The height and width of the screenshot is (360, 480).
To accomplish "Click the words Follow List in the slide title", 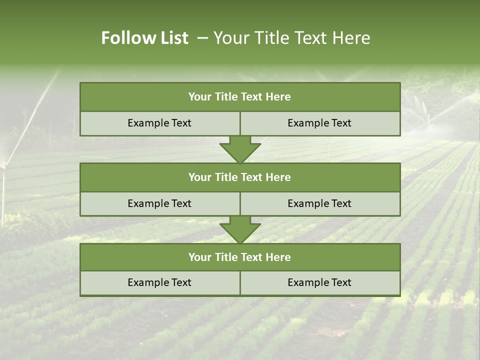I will pos(144,38).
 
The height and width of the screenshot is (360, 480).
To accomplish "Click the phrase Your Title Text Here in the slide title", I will pos(291,38).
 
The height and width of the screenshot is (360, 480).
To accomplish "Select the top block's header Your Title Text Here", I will pos(239,97).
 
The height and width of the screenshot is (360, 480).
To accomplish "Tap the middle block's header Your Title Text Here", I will pos(239,177).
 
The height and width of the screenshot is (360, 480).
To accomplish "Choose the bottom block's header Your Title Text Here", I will pos(239,257).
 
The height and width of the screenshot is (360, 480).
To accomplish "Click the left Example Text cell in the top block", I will pos(159,123).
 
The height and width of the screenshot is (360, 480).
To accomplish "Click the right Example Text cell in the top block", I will pos(319,123).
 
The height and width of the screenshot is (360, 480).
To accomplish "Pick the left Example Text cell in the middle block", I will pos(159,203).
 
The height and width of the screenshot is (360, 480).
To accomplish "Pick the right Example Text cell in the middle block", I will pos(319,203).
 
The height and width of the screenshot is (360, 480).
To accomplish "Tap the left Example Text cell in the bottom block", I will pos(159,282).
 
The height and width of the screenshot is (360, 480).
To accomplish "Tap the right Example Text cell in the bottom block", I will pos(319,282).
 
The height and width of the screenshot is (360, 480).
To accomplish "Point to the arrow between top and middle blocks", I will pos(240,149).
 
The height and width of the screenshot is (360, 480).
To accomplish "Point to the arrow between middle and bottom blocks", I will pos(240,229).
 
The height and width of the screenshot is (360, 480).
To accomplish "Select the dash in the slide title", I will pos(203,38).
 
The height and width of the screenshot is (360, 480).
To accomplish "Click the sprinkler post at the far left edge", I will pos(3,190).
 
